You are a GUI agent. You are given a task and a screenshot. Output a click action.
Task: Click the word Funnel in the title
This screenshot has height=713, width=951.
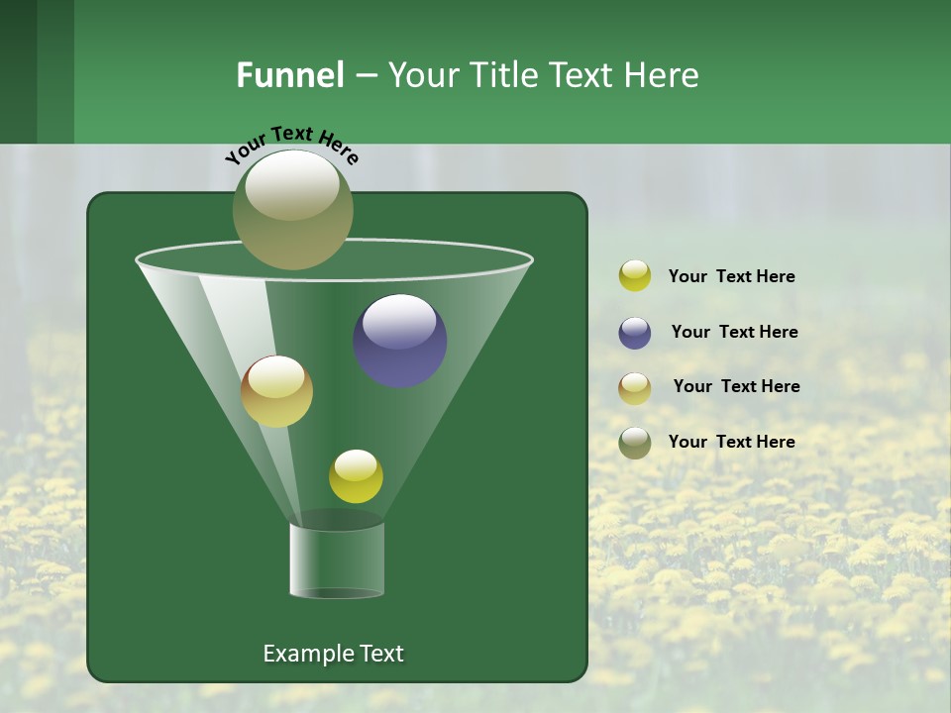[289, 75]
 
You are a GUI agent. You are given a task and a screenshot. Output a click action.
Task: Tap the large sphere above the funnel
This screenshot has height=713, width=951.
[292, 209]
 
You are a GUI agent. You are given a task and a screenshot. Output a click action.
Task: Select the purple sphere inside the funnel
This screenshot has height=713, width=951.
[399, 342]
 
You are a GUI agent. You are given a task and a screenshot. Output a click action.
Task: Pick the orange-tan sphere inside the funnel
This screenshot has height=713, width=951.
[276, 391]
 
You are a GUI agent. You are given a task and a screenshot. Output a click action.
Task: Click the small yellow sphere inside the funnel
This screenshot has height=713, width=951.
[356, 476]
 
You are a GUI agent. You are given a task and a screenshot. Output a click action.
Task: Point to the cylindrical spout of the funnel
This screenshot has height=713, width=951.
[337, 560]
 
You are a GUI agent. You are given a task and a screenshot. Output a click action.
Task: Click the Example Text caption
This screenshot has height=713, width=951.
[334, 654]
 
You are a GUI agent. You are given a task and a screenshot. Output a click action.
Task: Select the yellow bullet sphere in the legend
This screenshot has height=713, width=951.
[634, 276]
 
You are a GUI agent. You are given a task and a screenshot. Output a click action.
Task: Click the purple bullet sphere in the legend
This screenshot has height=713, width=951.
[634, 333]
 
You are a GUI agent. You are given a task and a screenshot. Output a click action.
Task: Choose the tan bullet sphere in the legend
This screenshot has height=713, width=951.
[634, 388]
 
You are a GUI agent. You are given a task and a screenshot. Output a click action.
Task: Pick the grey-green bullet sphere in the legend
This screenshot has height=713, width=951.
[634, 443]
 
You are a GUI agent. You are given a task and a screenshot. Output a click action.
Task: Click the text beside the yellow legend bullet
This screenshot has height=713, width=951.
[731, 277]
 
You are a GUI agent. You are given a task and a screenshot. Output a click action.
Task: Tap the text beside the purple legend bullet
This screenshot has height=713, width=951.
[734, 333]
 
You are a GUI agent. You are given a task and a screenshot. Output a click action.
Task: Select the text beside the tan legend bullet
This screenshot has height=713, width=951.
[736, 387]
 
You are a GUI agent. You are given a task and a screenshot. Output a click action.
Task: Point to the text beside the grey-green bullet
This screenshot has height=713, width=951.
[731, 443]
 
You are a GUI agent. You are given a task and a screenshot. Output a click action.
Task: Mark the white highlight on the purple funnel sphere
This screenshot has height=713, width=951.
[399, 322]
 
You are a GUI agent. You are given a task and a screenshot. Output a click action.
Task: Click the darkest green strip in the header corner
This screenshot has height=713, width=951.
[18, 71]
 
